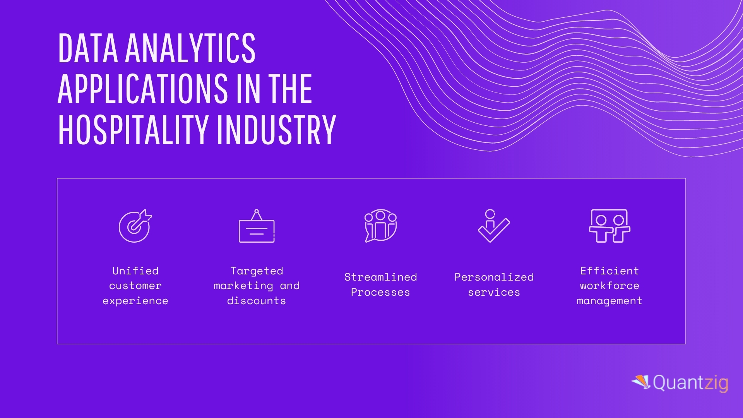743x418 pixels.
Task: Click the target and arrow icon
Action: (x=135, y=226)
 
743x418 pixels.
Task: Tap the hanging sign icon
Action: (x=257, y=226)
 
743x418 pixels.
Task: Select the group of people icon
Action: (x=381, y=226)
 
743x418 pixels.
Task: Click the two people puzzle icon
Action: (x=609, y=226)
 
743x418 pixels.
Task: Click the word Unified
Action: (x=135, y=271)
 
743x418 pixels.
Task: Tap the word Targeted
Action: (x=257, y=271)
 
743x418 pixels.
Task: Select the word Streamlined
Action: (x=381, y=277)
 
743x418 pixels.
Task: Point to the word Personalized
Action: (x=494, y=277)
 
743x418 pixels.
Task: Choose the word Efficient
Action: (x=609, y=271)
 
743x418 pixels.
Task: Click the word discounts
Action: (x=257, y=301)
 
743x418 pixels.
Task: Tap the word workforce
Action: (x=609, y=286)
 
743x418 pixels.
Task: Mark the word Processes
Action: (x=380, y=292)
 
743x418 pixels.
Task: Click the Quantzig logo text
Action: (x=691, y=383)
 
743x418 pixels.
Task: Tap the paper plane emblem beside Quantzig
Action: (x=641, y=382)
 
